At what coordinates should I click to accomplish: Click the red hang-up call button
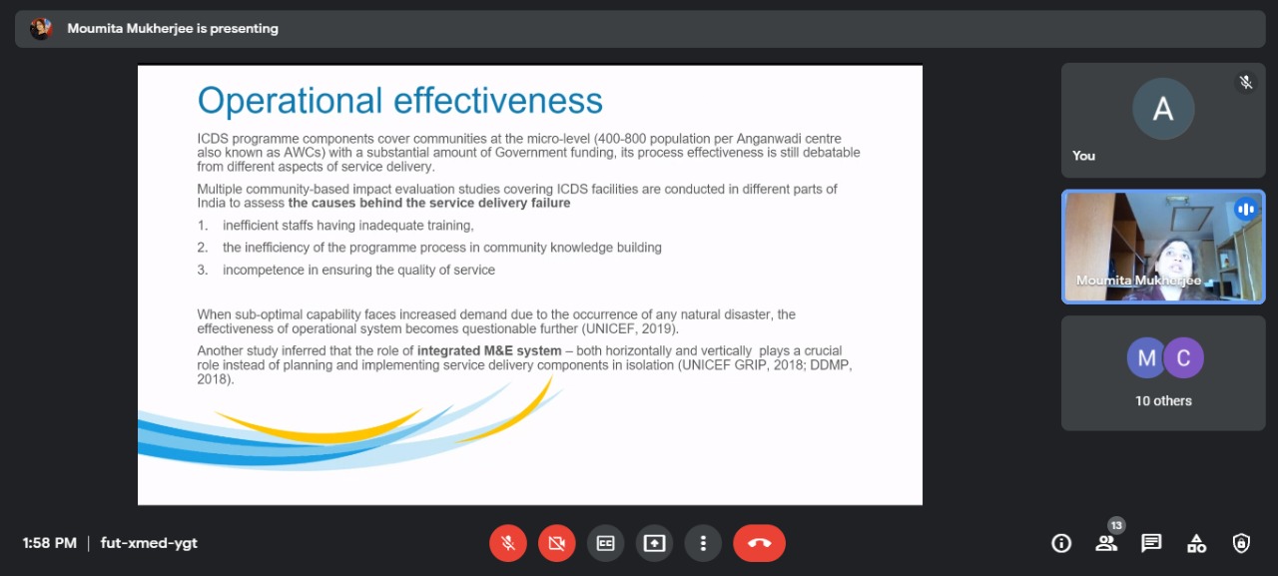pos(759,543)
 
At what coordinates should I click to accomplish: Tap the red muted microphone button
pos(508,543)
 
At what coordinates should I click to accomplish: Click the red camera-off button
pos(557,543)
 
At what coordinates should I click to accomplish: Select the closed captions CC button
pos(605,543)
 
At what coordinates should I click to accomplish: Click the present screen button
pos(654,543)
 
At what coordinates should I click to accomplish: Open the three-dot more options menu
pos(703,543)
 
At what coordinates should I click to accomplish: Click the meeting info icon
pos(1061,543)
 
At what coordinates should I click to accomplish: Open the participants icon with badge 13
pos(1107,543)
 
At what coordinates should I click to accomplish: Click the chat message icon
pos(1151,543)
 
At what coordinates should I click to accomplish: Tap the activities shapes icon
pos(1196,543)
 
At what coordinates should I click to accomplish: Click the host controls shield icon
pos(1241,543)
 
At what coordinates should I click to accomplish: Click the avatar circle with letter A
pos(1163,109)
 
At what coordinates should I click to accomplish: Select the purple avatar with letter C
pos(1183,358)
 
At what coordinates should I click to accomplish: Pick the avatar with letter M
pos(1145,358)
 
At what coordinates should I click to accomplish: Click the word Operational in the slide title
pos(290,102)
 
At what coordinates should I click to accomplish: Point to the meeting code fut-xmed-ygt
pos(149,543)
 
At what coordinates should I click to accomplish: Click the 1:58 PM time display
pos(50,543)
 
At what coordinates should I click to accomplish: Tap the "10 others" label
pos(1163,401)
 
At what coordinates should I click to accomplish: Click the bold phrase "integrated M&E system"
pos(489,350)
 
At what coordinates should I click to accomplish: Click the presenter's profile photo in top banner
pos(41,28)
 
